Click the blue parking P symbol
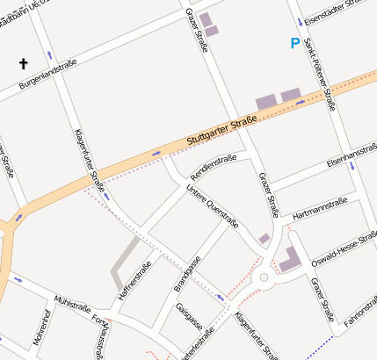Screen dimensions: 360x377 (x=294, y=42)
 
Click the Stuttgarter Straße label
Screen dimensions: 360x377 (x=221, y=131)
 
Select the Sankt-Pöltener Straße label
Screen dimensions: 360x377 (x=318, y=76)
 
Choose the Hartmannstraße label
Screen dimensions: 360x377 (x=320, y=206)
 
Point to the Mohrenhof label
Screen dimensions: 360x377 (x=40, y=327)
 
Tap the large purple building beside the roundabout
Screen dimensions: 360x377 (x=289, y=258)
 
